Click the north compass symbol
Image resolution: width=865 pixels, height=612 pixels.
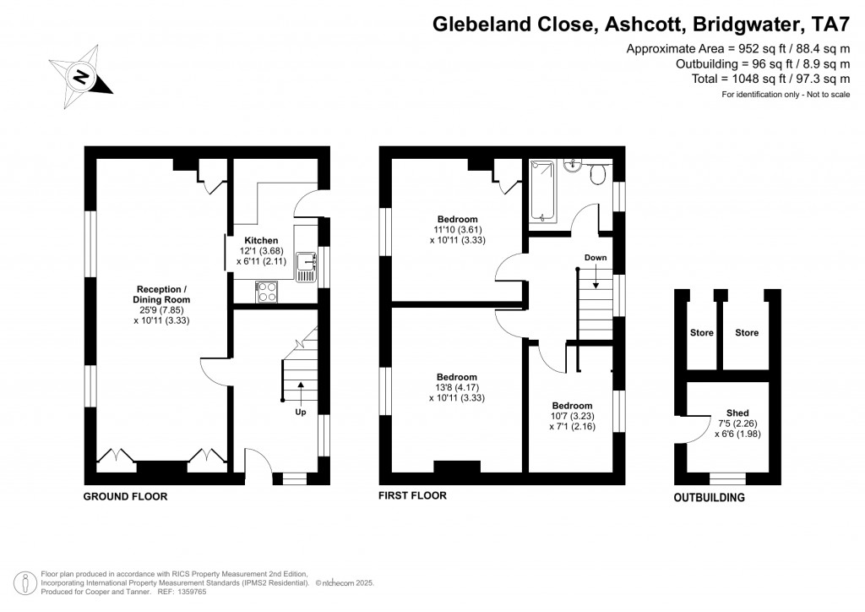pos(80,77)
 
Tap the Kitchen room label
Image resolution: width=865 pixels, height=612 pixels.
pos(261,241)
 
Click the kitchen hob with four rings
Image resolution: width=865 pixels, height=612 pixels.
pos(267,292)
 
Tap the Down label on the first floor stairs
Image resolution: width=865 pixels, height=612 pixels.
pos(595,257)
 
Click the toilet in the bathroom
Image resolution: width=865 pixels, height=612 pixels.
pos(598,174)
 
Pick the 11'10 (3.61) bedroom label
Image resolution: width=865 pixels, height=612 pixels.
pos(456,219)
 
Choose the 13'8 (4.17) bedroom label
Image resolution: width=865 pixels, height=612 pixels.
pos(456,377)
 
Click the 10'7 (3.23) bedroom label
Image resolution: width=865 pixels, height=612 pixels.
pos(572,406)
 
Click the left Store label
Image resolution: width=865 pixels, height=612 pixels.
pos(701,333)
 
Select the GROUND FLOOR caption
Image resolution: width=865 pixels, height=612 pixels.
pos(125,497)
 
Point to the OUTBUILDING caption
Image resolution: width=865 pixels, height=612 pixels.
pos(709,498)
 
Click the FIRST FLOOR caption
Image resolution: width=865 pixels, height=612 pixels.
pos(412,495)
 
